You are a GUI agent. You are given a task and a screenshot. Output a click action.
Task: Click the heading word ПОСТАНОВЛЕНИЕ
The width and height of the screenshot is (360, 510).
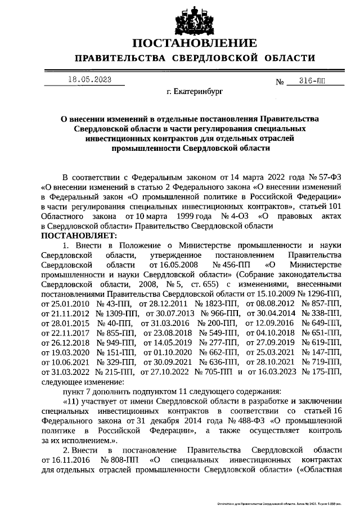coord(194,43)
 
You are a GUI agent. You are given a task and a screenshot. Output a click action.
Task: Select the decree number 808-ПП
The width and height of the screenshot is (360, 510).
coord(116,460)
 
